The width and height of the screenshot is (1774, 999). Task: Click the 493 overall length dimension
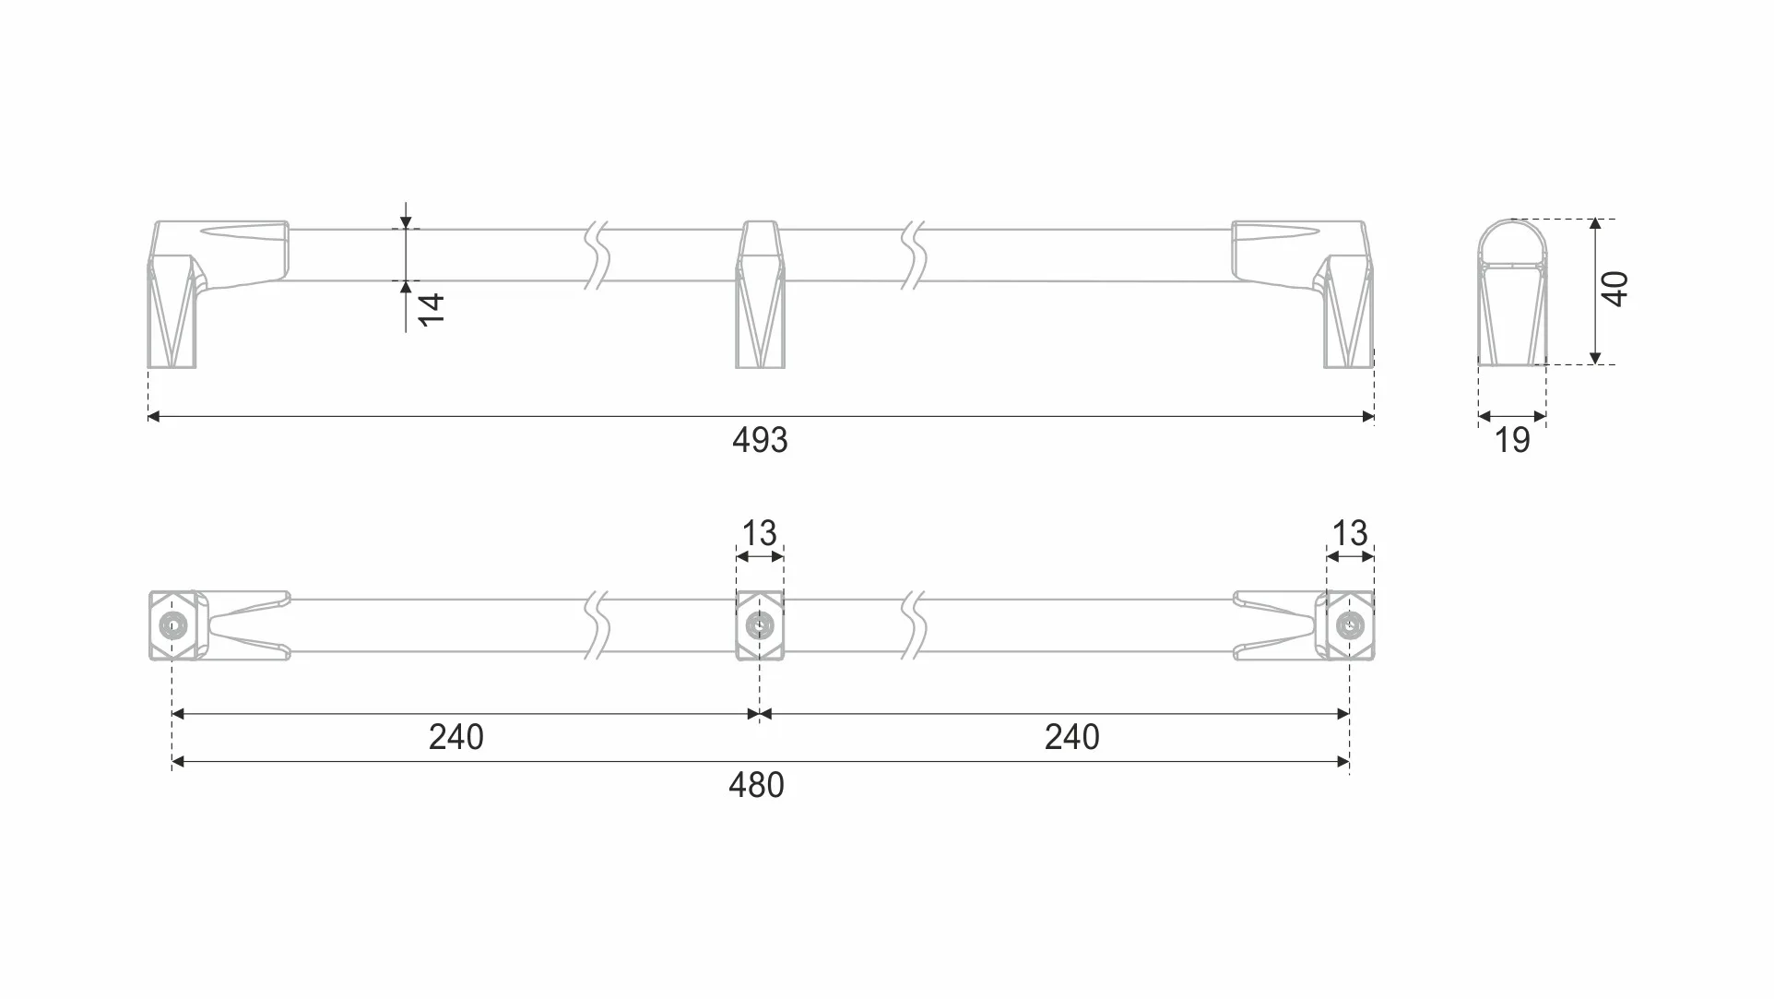pos(760,440)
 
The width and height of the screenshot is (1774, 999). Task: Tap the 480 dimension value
pos(756,785)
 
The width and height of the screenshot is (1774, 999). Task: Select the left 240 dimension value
pos(456,737)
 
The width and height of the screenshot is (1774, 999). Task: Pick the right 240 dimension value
pos(1072,737)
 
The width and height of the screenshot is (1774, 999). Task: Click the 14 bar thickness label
pos(432,309)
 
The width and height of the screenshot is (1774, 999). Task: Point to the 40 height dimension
pos(1615,289)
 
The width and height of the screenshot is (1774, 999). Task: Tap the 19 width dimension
pos(1512,441)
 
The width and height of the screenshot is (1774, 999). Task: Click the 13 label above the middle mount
pos(760,533)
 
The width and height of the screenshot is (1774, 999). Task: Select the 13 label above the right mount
pos(1350,533)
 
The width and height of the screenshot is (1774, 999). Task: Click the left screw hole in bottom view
pos(171,625)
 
